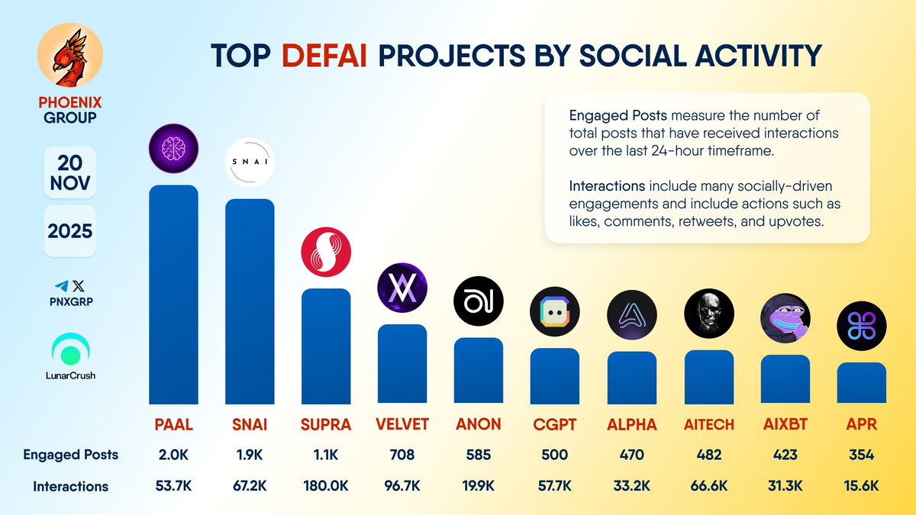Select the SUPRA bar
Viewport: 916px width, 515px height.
(x=326, y=346)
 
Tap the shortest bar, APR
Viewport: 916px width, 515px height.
(x=862, y=383)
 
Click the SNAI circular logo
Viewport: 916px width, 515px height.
(x=250, y=162)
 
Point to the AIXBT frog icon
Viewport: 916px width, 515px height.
(x=785, y=318)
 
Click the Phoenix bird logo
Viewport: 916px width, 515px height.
(x=69, y=58)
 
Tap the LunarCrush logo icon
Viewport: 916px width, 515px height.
(x=70, y=350)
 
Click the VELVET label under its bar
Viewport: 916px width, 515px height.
(x=402, y=425)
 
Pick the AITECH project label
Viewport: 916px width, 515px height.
(x=709, y=425)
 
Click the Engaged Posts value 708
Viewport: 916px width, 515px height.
(x=402, y=455)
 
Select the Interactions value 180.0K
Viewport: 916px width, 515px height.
(x=326, y=486)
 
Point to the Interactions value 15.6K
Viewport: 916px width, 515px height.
(x=862, y=486)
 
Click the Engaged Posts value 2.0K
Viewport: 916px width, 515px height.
(x=173, y=455)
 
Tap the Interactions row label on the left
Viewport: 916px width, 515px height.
(x=70, y=486)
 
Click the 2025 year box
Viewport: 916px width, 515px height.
(x=70, y=230)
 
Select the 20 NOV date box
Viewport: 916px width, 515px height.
(x=70, y=172)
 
